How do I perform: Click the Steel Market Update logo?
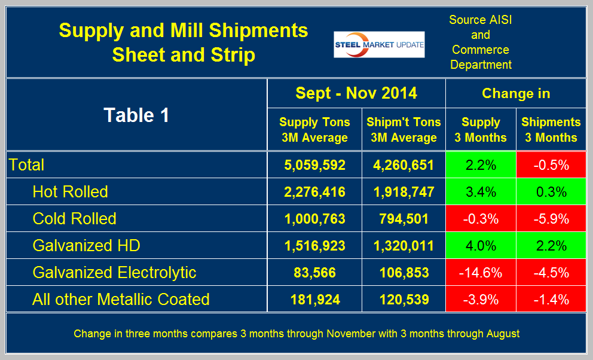click(x=379, y=44)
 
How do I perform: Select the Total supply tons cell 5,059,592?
click(x=314, y=164)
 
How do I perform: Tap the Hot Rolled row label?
click(x=70, y=191)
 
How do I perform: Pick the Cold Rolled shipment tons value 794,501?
click(x=404, y=218)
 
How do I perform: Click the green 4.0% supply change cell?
click(x=481, y=245)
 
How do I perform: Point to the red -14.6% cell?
click(x=481, y=272)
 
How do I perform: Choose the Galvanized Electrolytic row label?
click(x=114, y=272)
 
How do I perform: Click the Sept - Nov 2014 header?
click(x=356, y=93)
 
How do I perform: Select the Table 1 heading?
click(x=136, y=115)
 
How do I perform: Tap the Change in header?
click(x=515, y=93)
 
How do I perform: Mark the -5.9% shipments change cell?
click(x=551, y=218)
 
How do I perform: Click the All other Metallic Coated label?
click(x=121, y=299)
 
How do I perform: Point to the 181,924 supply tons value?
click(x=314, y=299)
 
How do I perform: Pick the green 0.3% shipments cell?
click(x=551, y=191)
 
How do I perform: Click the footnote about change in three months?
click(x=296, y=334)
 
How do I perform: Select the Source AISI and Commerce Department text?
click(x=480, y=42)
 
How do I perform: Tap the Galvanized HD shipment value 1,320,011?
click(x=404, y=245)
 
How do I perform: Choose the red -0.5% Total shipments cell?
click(x=551, y=164)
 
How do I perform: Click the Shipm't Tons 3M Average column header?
click(x=404, y=129)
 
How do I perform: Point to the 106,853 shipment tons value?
click(x=404, y=272)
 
